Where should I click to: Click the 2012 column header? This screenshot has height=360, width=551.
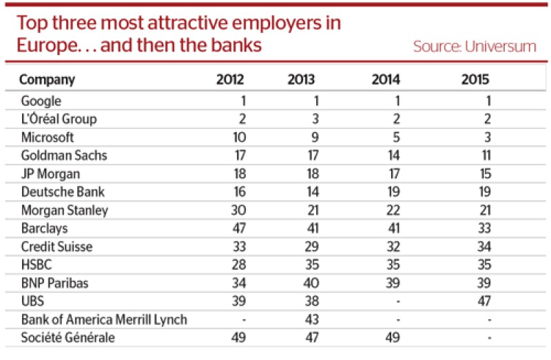(x=230, y=79)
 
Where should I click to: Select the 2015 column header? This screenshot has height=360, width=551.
(x=475, y=79)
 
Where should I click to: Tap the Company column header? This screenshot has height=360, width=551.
(x=47, y=80)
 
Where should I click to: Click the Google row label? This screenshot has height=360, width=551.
(x=41, y=101)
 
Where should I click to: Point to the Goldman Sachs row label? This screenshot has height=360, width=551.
(x=64, y=156)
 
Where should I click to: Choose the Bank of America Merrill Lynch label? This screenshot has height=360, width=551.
(x=104, y=319)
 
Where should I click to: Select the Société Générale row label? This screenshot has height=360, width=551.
(x=67, y=337)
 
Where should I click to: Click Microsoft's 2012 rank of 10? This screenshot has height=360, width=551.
(x=239, y=137)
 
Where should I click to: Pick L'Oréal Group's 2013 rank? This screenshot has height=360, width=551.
(x=315, y=118)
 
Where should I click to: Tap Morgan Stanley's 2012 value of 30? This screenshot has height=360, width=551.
(x=238, y=210)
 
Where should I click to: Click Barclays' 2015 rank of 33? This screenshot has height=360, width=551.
(x=484, y=229)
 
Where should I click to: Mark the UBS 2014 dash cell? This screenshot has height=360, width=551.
(x=397, y=301)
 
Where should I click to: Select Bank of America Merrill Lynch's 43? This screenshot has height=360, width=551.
(x=312, y=319)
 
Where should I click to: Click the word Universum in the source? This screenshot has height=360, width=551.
(x=501, y=46)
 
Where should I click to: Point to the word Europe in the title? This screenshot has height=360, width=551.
(x=46, y=45)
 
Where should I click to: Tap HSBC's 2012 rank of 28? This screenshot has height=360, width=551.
(x=239, y=265)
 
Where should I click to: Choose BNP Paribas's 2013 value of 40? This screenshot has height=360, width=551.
(x=311, y=283)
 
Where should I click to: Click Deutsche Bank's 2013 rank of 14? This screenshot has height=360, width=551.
(x=313, y=192)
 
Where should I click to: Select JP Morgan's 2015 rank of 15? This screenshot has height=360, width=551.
(x=486, y=173)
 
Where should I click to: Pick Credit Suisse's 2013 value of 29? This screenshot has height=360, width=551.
(x=312, y=246)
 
